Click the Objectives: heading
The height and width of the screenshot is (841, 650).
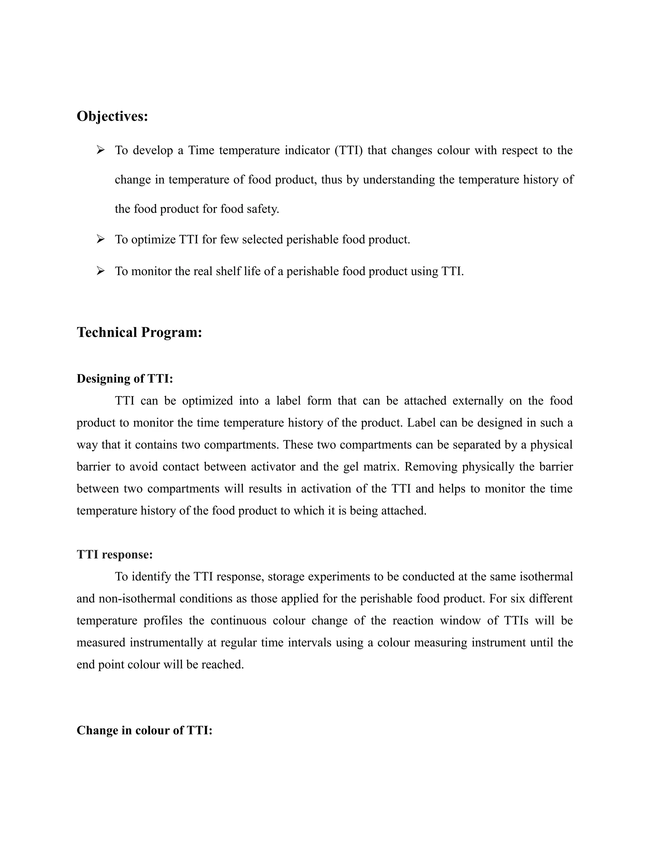click(112, 116)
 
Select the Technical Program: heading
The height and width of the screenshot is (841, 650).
click(139, 332)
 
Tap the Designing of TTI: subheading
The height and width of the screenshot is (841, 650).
click(125, 379)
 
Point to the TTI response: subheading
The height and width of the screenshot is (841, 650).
click(115, 554)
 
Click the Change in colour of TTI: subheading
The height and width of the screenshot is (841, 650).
click(144, 731)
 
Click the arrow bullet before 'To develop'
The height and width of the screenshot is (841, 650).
click(101, 150)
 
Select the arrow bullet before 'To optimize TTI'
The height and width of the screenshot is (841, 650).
click(101, 240)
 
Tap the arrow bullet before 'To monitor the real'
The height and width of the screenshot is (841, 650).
click(101, 271)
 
